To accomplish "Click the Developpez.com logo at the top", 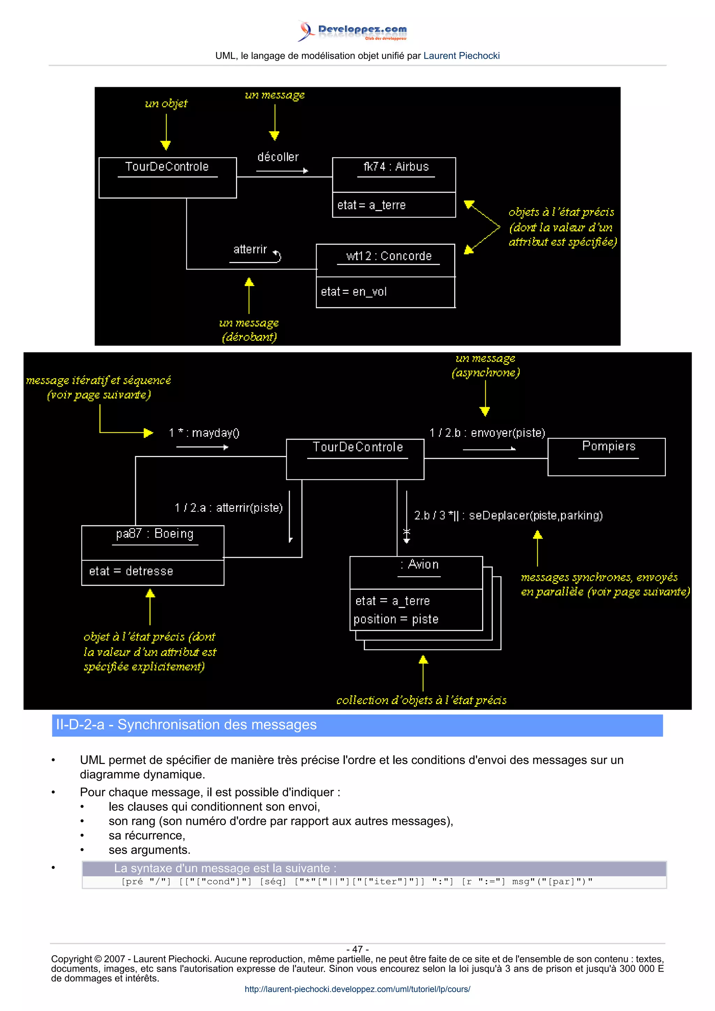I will click(352, 31).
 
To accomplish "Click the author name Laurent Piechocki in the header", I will click(461, 56).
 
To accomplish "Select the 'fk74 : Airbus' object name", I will click(396, 167).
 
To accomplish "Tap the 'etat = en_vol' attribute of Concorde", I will click(353, 292).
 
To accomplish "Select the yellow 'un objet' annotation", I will click(166, 104).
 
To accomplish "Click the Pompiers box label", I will click(609, 447).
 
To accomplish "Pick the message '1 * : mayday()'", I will click(204, 433).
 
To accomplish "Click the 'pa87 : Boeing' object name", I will click(155, 534).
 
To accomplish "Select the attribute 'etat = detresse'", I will click(131, 571).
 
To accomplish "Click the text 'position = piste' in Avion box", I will click(396, 620).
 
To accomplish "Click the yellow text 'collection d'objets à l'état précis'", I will click(421, 701).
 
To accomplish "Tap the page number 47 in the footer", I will click(357, 949).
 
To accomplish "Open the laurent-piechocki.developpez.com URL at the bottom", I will click(357, 989).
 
